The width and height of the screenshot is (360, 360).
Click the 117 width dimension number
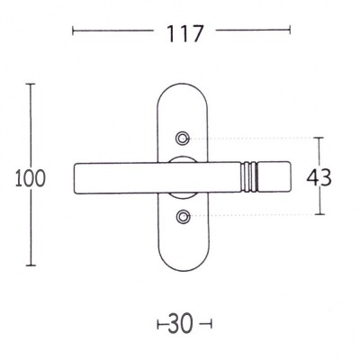click(185, 33)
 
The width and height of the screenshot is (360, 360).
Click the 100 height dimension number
click(31, 178)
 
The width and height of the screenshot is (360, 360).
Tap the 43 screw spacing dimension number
click(319, 177)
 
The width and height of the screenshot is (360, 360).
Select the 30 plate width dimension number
click(180, 324)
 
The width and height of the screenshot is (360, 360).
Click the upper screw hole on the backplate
click(182, 139)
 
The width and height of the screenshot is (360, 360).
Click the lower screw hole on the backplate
click(182, 216)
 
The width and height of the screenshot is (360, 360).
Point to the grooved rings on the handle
click(249, 176)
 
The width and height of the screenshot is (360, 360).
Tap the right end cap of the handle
click(274, 176)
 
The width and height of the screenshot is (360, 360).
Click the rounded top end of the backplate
click(183, 85)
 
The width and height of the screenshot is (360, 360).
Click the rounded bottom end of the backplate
click(183, 270)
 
